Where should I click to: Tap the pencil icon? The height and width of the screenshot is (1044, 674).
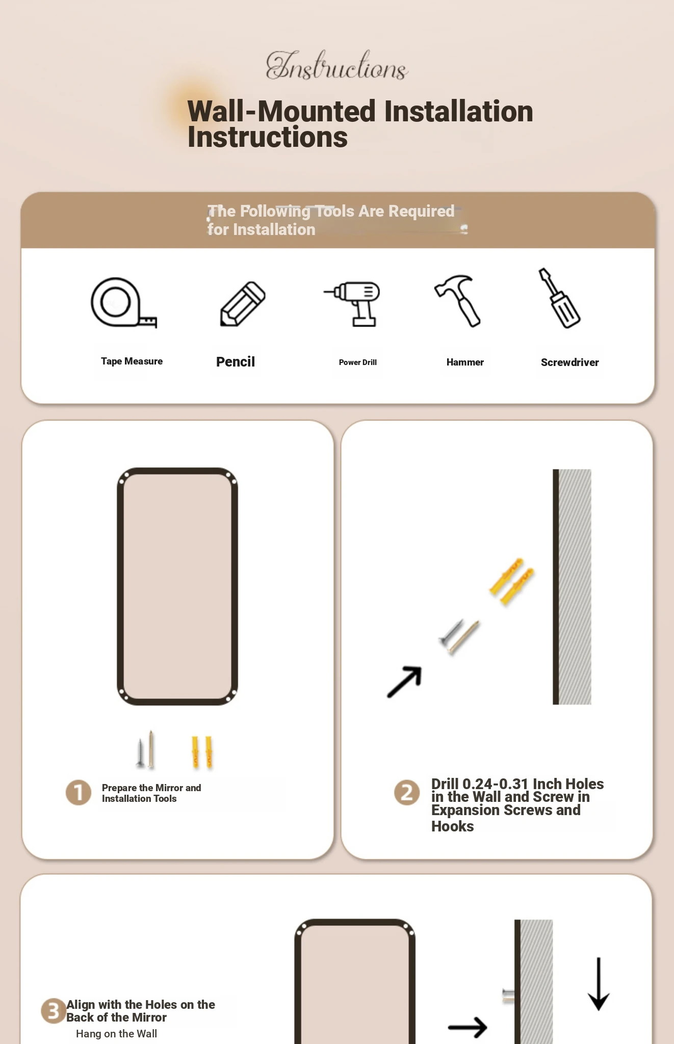point(243,303)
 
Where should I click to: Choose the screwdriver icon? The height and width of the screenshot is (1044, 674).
point(559,298)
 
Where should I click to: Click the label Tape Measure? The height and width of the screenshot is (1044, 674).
point(132,361)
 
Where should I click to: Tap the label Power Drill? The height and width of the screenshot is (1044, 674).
point(358,362)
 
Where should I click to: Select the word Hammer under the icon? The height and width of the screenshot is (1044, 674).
point(465,362)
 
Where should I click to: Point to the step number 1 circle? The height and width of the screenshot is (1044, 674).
point(79,793)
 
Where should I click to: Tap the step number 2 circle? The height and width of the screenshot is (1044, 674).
point(407,793)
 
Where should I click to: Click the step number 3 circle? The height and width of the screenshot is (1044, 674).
point(54,1010)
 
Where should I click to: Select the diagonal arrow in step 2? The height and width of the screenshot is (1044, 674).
point(404,682)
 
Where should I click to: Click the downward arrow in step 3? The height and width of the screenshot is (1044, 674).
point(599,984)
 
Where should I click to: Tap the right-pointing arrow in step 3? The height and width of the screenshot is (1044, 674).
point(468,1027)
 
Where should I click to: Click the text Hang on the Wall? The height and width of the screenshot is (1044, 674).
point(116,1034)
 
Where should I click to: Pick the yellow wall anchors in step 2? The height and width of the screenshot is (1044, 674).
point(511,582)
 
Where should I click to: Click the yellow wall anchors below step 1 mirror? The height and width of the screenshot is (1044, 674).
point(202,752)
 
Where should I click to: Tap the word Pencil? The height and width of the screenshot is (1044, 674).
point(236,362)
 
